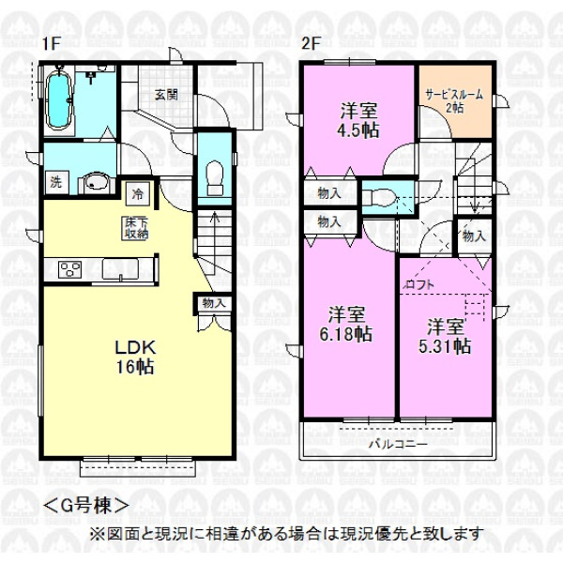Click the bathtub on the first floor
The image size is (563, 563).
(x=59, y=99)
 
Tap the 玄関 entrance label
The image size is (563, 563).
(x=166, y=95)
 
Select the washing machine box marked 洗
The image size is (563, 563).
(x=56, y=182)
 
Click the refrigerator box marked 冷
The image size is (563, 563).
(x=137, y=194)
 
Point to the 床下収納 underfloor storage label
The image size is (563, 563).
(x=136, y=228)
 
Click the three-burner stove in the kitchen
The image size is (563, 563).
(x=70, y=270)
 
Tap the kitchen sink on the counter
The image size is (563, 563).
(x=120, y=269)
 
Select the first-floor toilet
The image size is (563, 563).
(x=215, y=177)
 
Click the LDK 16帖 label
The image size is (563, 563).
(x=135, y=358)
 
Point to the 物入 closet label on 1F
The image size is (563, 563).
(x=214, y=303)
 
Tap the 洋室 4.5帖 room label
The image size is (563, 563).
(x=358, y=120)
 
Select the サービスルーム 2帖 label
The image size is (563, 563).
(x=454, y=101)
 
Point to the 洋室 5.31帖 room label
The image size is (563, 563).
(x=445, y=336)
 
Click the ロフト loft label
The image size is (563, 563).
(x=420, y=285)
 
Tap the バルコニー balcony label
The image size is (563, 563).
(x=399, y=444)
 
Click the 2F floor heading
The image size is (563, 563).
(x=311, y=44)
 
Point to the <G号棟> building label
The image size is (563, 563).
(x=86, y=506)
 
